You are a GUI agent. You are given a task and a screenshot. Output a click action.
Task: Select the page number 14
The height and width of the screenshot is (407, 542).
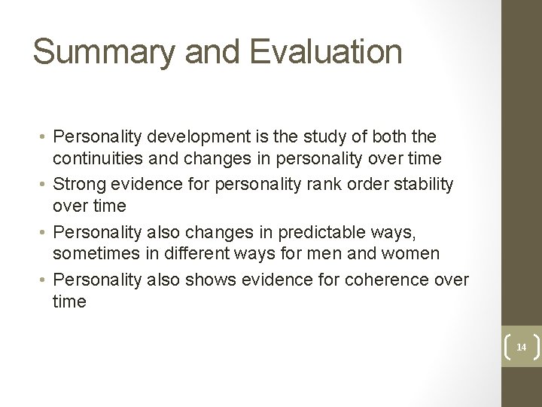click(x=521, y=347)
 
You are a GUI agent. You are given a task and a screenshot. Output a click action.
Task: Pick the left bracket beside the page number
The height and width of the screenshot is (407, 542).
click(x=506, y=347)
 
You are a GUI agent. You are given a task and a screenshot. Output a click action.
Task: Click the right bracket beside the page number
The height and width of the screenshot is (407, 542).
click(x=535, y=347)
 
